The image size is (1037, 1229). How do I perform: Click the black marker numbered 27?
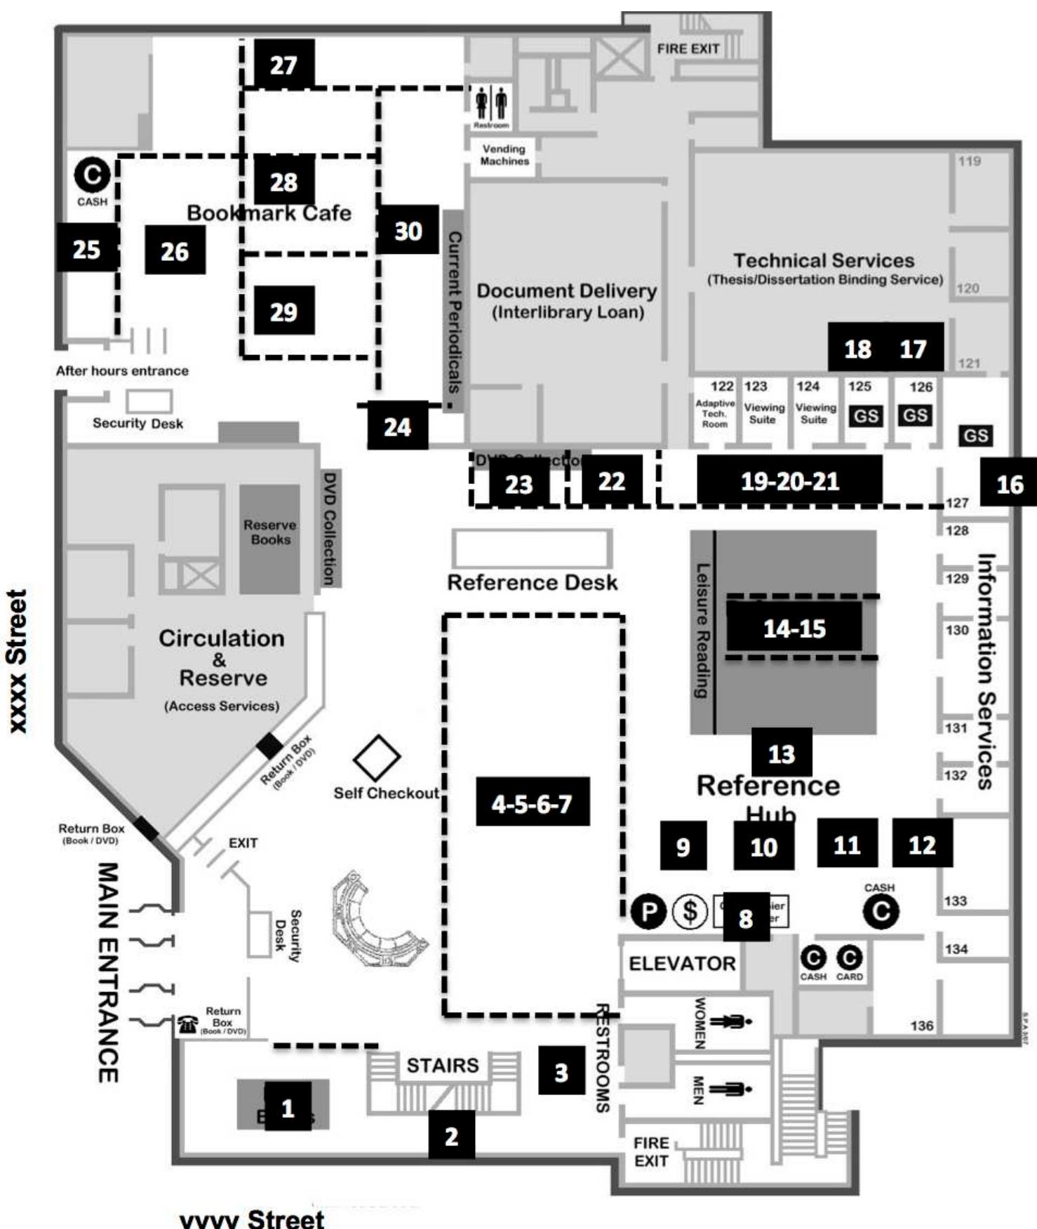(283, 65)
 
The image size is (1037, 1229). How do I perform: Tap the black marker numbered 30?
(408, 230)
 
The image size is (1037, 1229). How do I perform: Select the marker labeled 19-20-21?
(789, 481)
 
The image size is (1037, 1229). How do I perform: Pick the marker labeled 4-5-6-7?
(533, 802)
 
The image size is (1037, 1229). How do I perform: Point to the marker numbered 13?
(782, 753)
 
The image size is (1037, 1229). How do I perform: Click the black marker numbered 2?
(451, 1136)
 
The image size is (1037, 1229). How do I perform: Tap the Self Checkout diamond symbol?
(377, 758)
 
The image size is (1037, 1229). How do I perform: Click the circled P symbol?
(648, 912)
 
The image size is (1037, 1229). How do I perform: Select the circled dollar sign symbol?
(690, 912)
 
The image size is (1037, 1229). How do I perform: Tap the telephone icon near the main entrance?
(187, 1025)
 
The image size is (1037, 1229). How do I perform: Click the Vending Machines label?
(504, 155)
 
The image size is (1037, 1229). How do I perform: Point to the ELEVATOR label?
(682, 964)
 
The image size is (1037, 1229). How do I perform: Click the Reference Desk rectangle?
(532, 548)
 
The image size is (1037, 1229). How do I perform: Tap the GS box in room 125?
(865, 416)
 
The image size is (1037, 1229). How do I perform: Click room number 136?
(922, 1026)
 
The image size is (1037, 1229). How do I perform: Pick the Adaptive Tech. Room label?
(715, 414)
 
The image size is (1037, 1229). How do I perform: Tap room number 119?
(969, 161)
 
